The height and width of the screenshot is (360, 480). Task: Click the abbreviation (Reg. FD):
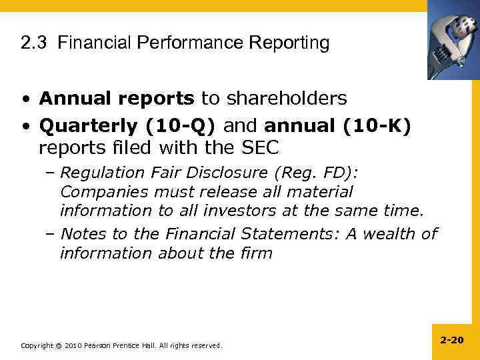click(x=315, y=173)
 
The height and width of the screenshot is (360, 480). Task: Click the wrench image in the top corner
click(x=453, y=39)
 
